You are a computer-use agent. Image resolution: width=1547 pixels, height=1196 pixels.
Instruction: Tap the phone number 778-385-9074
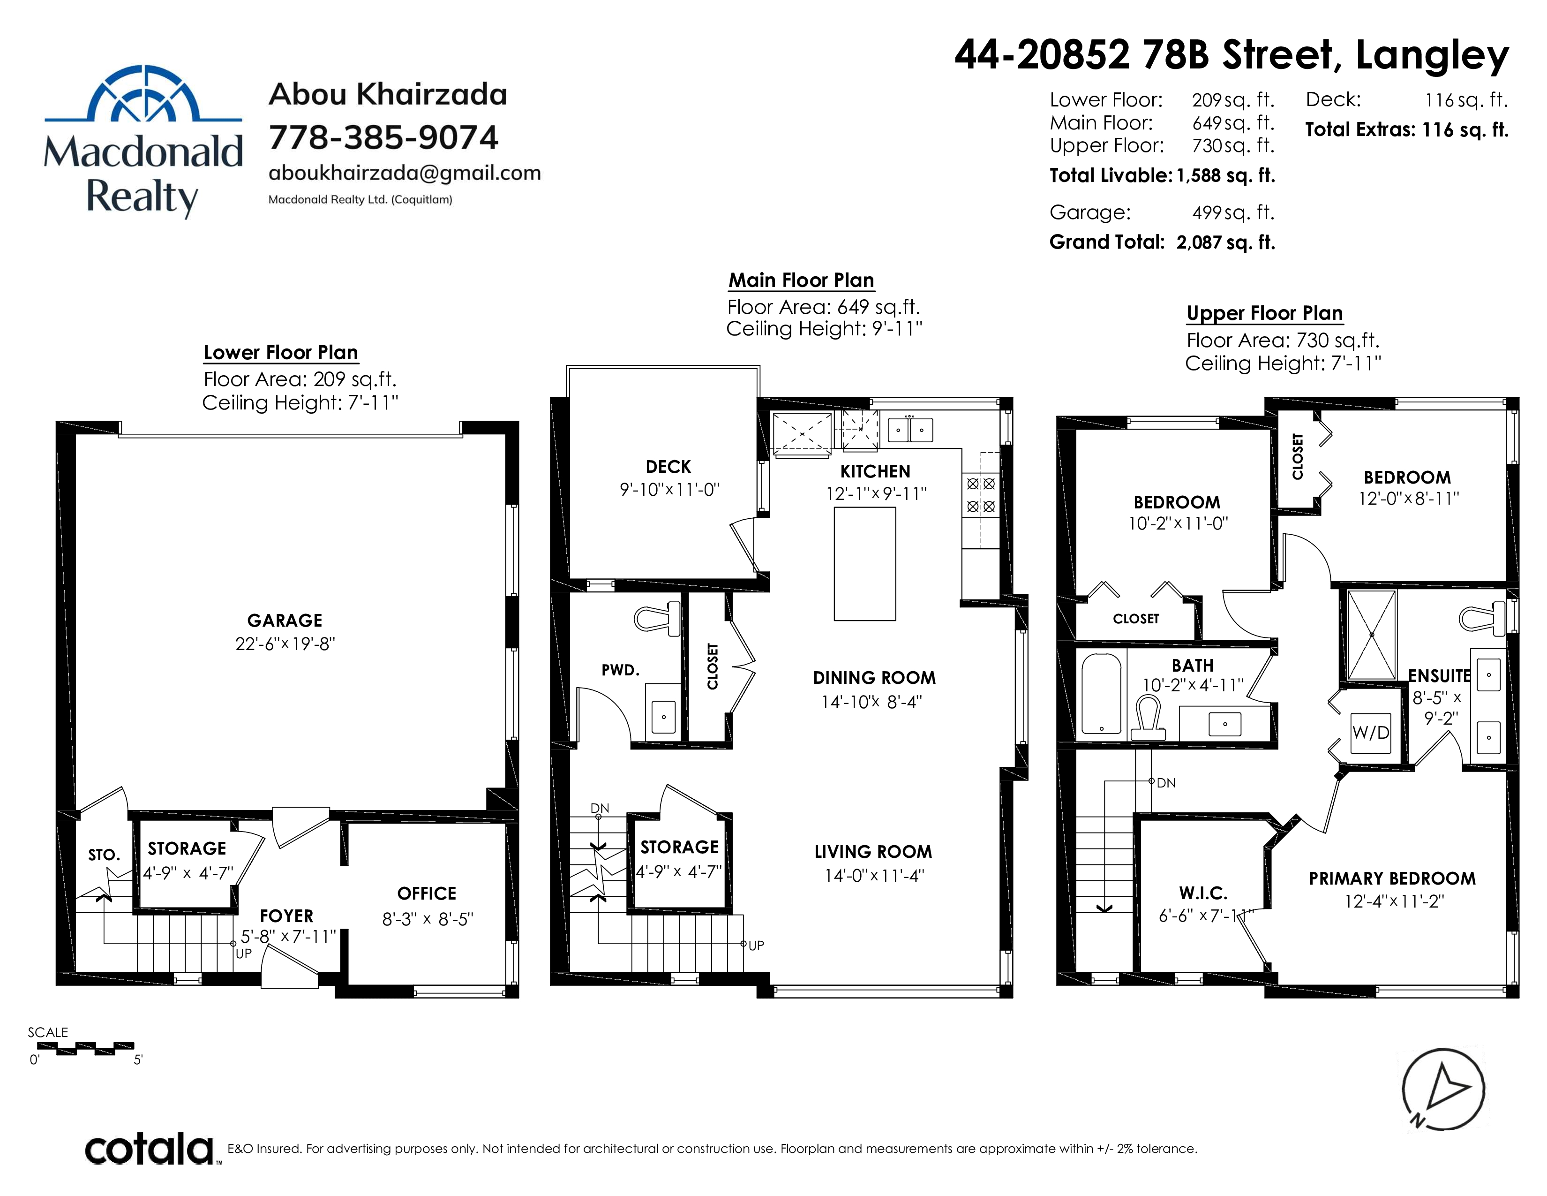click(x=383, y=137)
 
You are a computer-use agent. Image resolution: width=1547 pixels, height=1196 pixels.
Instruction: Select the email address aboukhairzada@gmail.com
click(x=405, y=174)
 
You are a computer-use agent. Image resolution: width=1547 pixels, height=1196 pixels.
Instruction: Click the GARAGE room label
click(x=285, y=621)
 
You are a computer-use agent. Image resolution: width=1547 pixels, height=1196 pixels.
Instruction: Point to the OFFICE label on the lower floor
click(x=427, y=893)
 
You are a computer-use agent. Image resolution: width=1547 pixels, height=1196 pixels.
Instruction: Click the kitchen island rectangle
click(x=865, y=564)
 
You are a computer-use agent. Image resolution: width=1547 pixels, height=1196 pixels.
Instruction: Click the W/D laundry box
click(x=1371, y=733)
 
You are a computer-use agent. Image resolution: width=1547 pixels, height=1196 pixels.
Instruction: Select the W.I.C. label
click(x=1203, y=893)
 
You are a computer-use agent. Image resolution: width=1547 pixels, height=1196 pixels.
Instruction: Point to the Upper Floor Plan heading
click(x=1264, y=313)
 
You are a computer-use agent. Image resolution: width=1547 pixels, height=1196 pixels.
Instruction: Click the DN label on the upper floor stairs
click(x=1166, y=783)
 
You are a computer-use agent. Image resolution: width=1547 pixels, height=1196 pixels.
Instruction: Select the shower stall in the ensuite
click(x=1371, y=635)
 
